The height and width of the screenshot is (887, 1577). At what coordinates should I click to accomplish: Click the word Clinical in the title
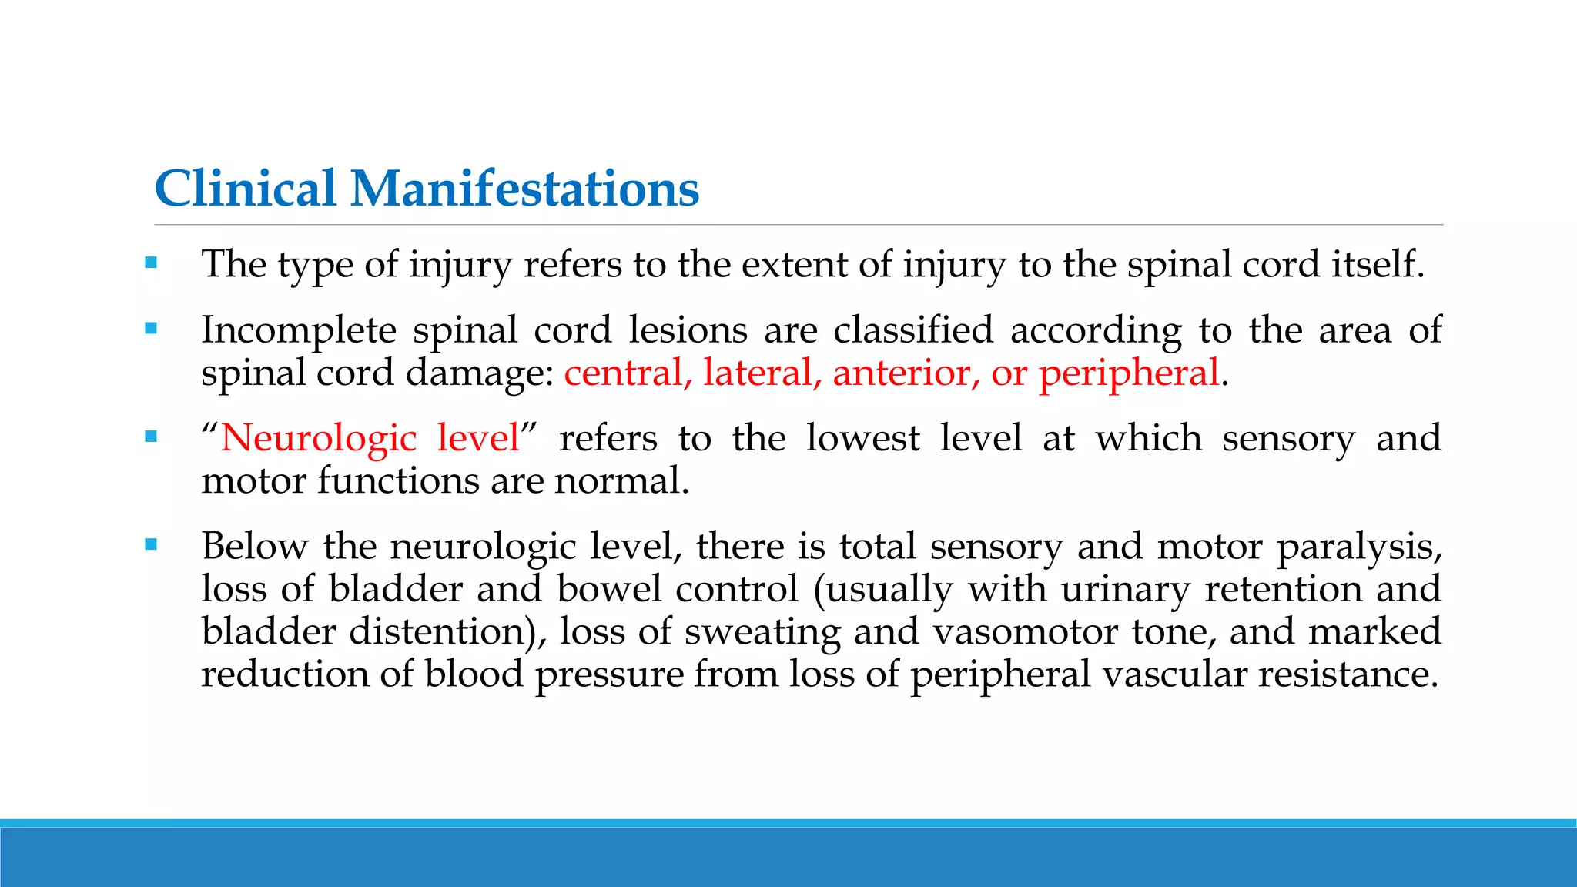tap(246, 189)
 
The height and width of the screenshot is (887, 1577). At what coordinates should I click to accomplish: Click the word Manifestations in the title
tap(524, 189)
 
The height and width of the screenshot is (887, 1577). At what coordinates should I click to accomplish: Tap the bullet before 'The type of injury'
tap(151, 263)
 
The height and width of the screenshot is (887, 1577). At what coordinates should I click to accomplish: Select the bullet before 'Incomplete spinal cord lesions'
tap(151, 329)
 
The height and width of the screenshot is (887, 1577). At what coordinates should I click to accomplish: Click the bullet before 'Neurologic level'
tap(151, 437)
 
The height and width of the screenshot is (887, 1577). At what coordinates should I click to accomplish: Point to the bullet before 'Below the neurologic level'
tap(151, 545)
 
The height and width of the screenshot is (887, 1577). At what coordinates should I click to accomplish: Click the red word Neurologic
tap(318, 439)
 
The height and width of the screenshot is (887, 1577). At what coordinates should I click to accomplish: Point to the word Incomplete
tap(299, 331)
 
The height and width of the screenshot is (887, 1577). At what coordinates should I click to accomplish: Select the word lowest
tap(862, 438)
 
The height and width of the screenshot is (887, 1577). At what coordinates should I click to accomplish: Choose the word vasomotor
tap(1026, 631)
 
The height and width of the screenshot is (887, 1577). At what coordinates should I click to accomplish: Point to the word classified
tap(913, 331)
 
